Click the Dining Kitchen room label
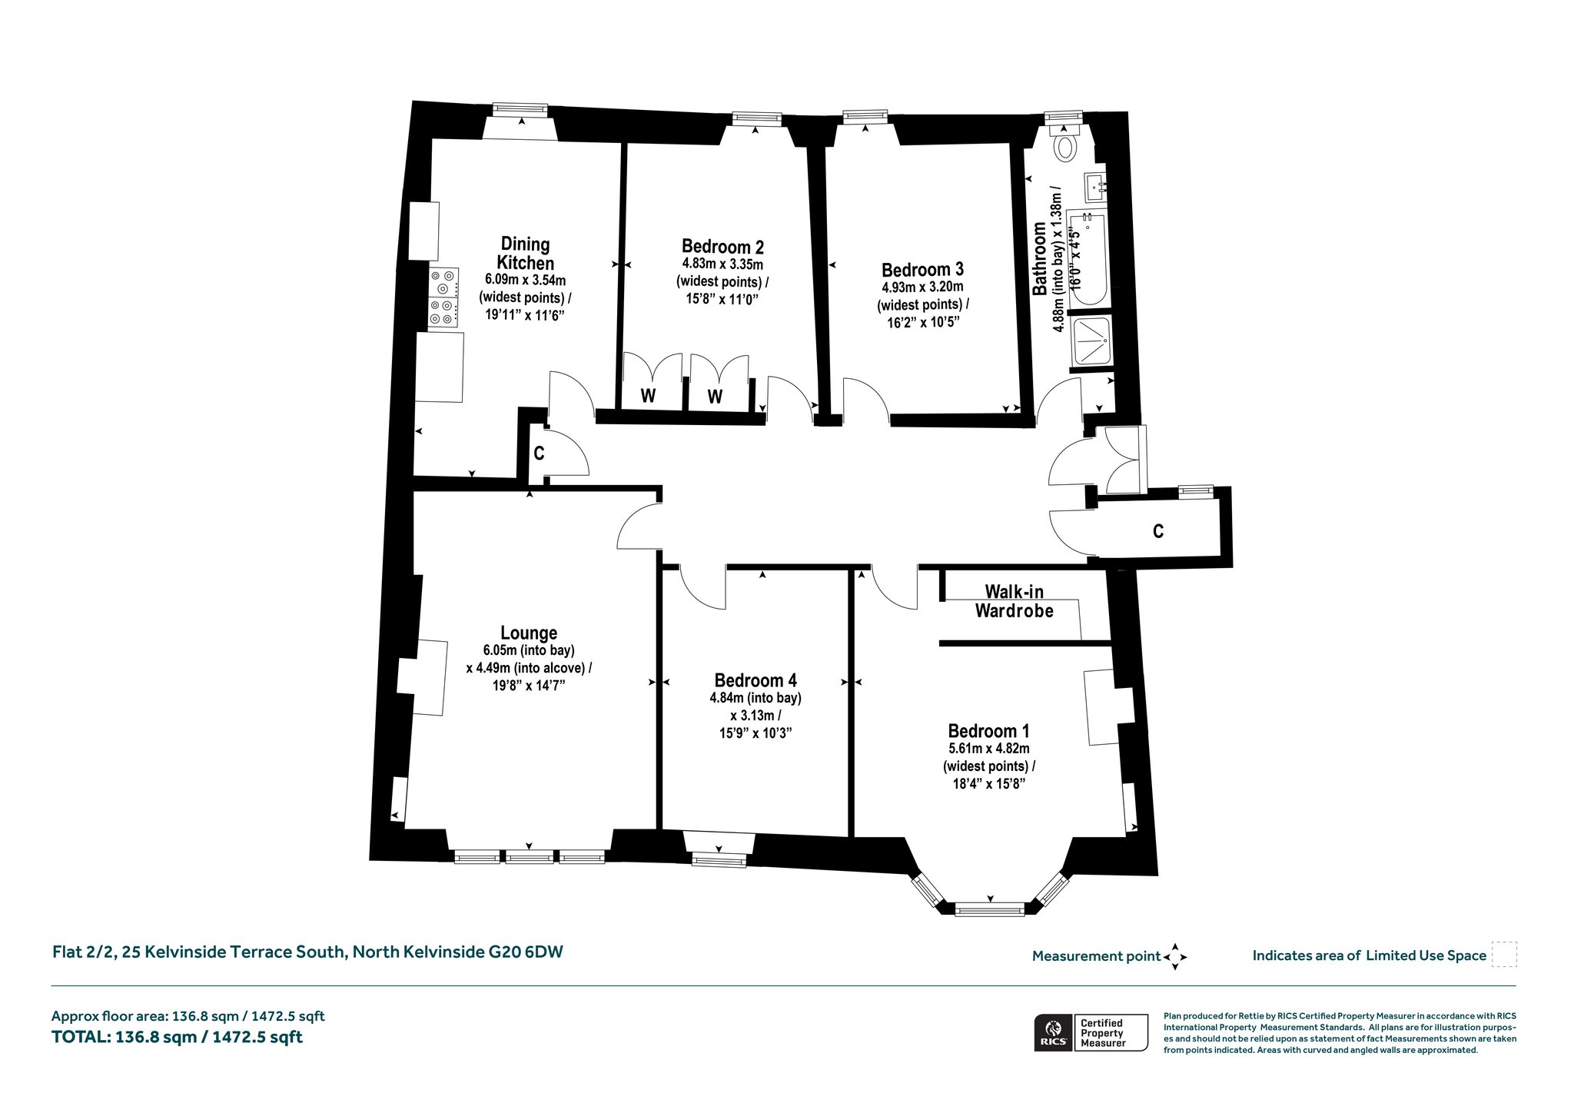coord(526,254)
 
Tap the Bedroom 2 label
coord(722,247)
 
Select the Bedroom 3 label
coord(922,270)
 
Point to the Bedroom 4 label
coord(755,680)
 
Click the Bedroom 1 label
coord(988,730)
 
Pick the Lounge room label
coord(529,633)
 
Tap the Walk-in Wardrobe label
coord(1014,601)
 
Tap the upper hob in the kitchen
coord(443,282)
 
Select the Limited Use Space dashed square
coord(1504,955)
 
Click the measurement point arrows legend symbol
coord(1175,957)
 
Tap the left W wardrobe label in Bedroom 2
coord(649,397)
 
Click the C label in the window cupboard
coord(1158,531)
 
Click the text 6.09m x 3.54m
coord(525,280)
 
